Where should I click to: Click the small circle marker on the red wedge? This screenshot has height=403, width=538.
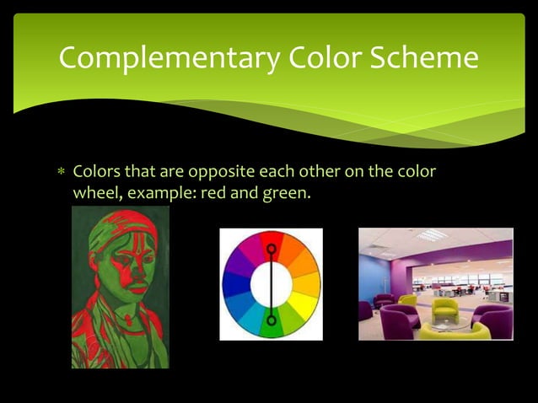point(271,249)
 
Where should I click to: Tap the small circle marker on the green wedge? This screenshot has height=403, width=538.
point(271,320)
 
